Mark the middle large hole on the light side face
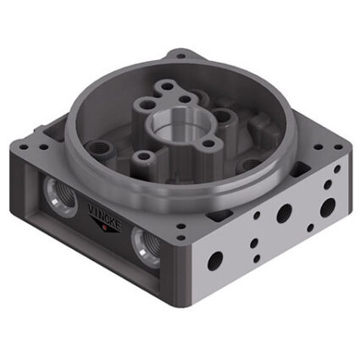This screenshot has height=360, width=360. coord(284,213)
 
